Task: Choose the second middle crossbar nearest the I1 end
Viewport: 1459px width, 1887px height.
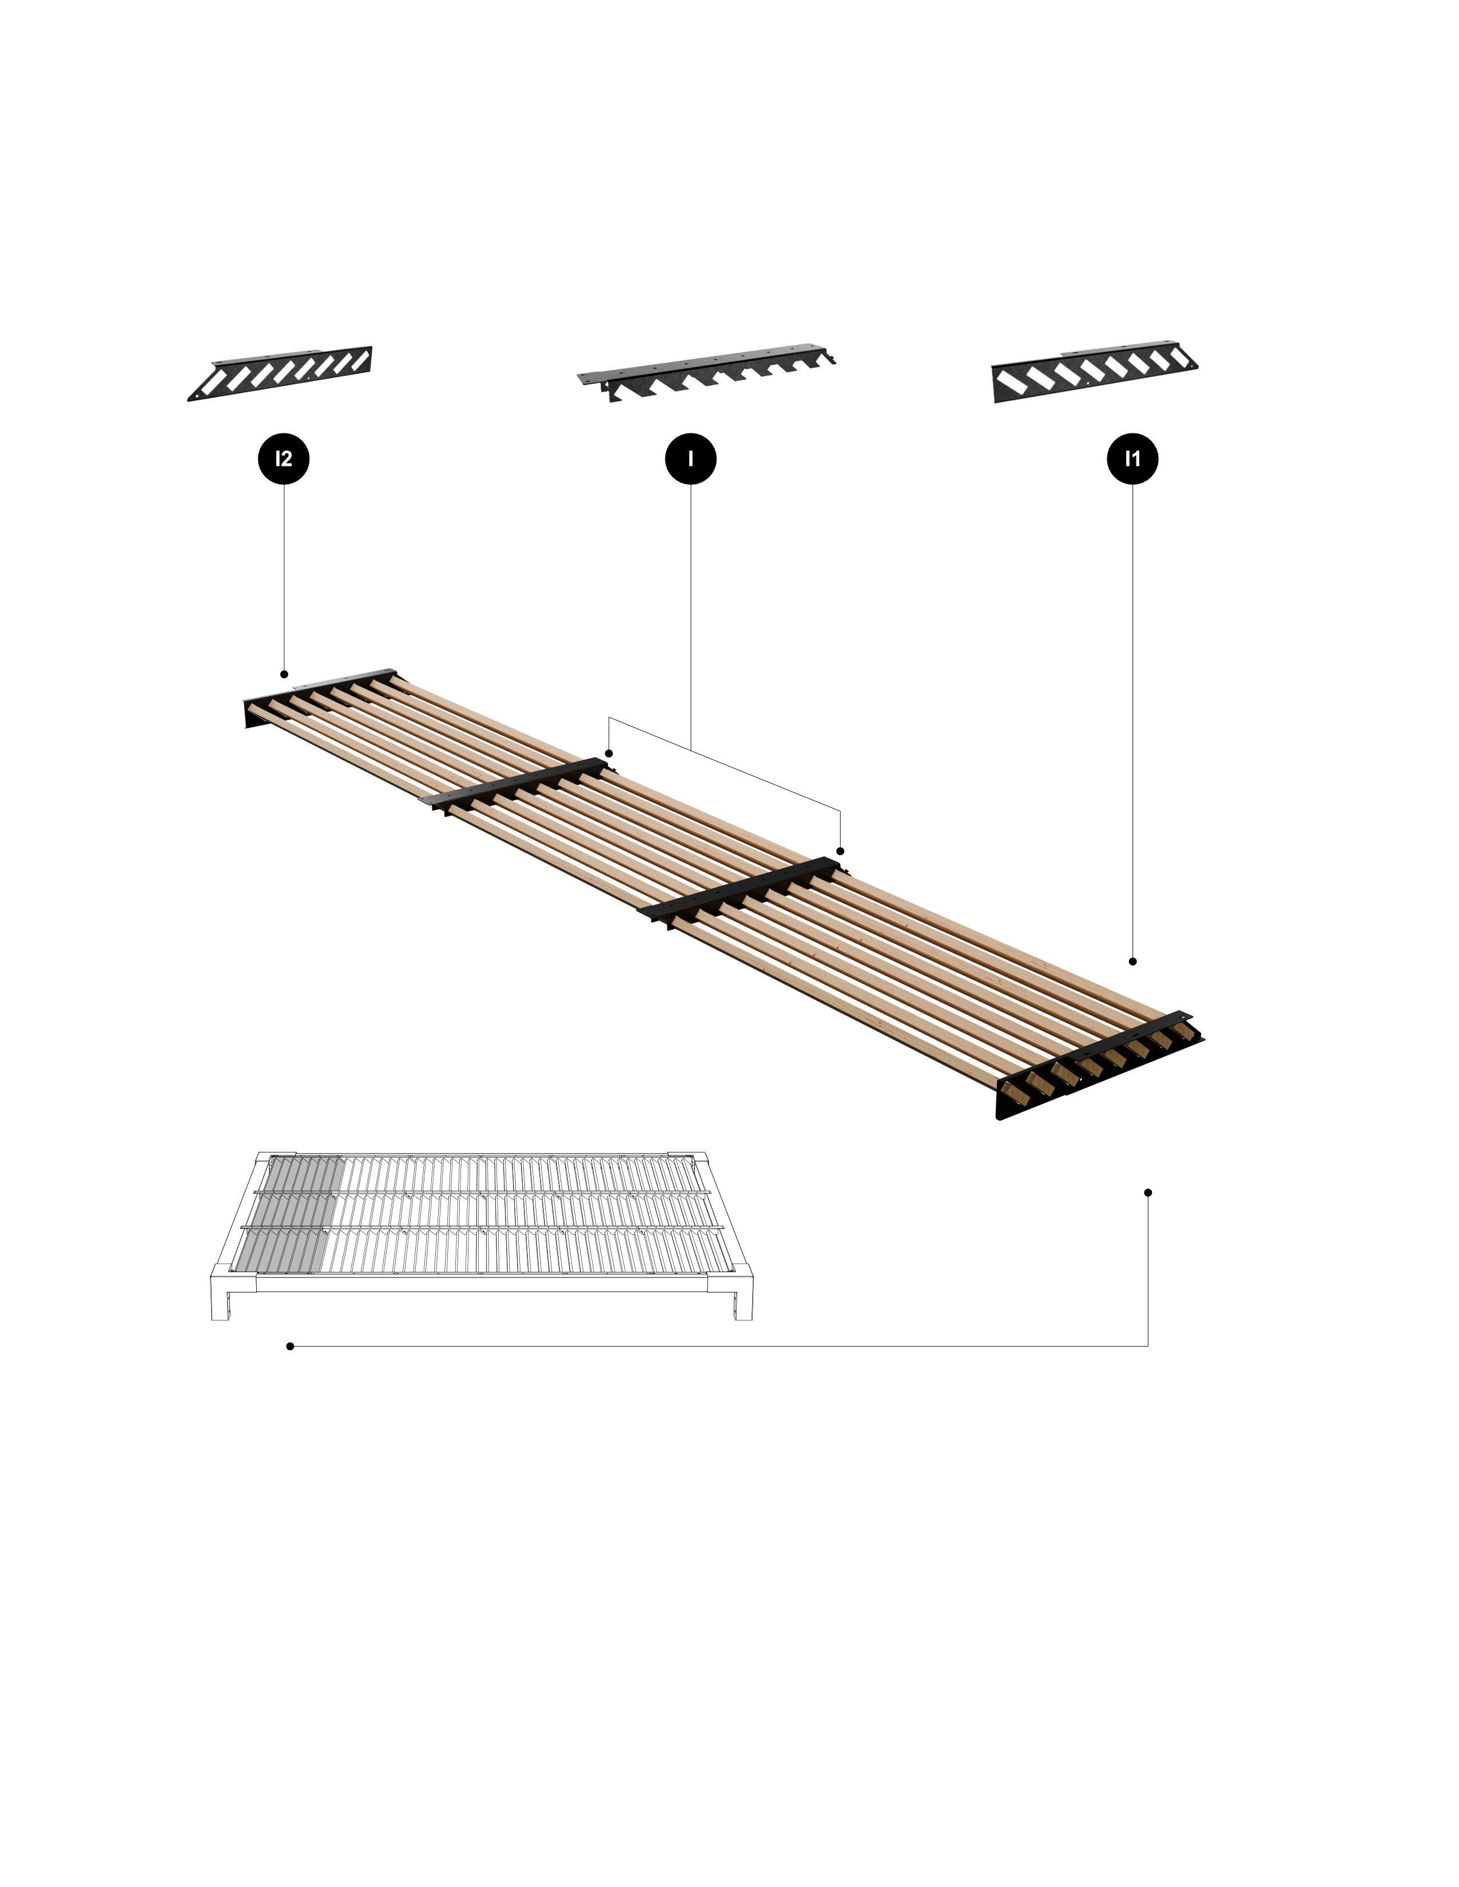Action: point(740,892)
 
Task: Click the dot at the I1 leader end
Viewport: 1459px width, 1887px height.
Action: point(1132,961)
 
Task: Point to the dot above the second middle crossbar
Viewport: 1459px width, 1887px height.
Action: point(840,851)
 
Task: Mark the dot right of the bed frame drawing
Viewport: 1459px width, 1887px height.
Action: point(1148,1192)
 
